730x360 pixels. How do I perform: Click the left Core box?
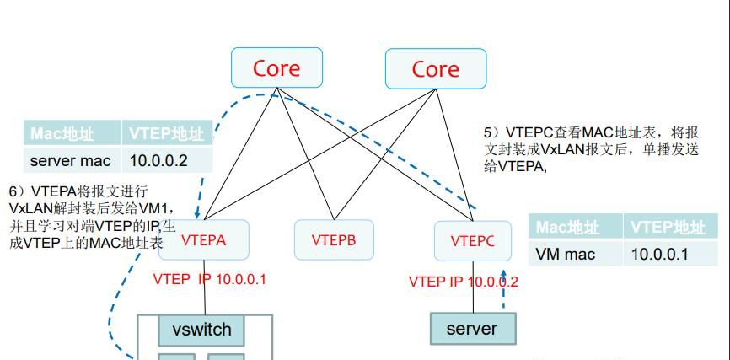tap(276, 68)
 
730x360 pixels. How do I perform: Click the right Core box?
tap(435, 68)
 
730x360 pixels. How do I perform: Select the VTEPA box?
tap(203, 240)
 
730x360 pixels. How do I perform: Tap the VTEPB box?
tap(333, 240)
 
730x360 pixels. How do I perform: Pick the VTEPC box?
tap(472, 241)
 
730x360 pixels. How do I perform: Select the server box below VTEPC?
tap(471, 328)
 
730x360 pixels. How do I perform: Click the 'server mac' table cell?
tap(71, 160)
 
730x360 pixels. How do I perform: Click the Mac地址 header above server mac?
tap(63, 133)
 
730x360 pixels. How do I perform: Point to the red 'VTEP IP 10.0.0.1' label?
tap(209, 279)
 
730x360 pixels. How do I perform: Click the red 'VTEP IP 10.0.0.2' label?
tap(463, 282)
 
